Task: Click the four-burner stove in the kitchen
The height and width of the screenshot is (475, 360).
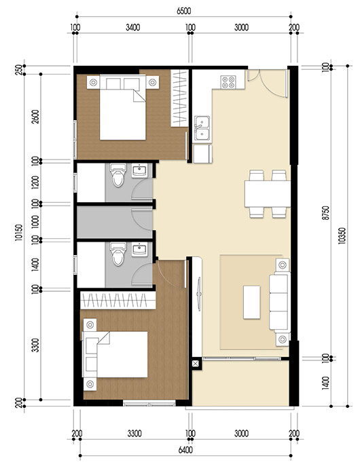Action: pyautogui.click(x=230, y=83)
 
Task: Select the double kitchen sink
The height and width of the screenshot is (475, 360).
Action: pyautogui.click(x=202, y=126)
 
